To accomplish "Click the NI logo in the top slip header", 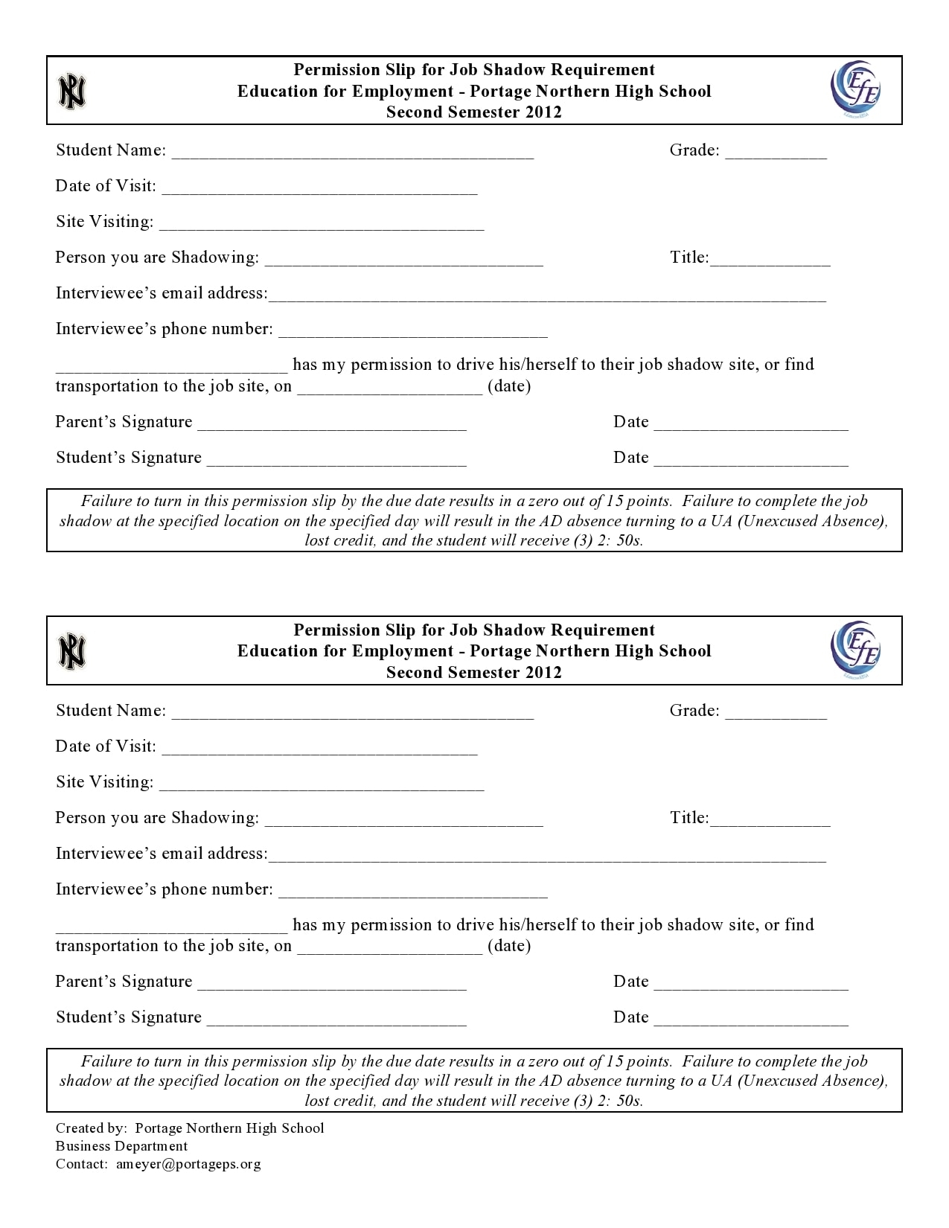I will coord(72,92).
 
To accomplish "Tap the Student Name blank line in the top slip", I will coord(352,153).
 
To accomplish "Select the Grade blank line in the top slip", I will coord(776,153).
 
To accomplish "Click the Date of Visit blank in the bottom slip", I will coord(319,749).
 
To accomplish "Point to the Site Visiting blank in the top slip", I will coord(322,224).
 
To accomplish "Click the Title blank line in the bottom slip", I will coord(770,820).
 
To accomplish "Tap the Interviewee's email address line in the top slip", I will coord(547,295).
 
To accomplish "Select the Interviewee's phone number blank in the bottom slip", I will coord(413,892).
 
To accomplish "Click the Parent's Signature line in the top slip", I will coord(332,424).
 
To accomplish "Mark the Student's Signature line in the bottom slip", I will coord(336,1020).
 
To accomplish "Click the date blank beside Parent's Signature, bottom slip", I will coord(751,984).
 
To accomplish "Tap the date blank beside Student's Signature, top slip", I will coord(751,460).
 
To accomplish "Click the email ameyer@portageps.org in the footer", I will coord(188,1164).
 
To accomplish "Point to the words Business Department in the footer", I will coord(122,1146).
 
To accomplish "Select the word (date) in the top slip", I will coord(509,386).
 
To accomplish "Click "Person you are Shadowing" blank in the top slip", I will coord(404,260).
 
